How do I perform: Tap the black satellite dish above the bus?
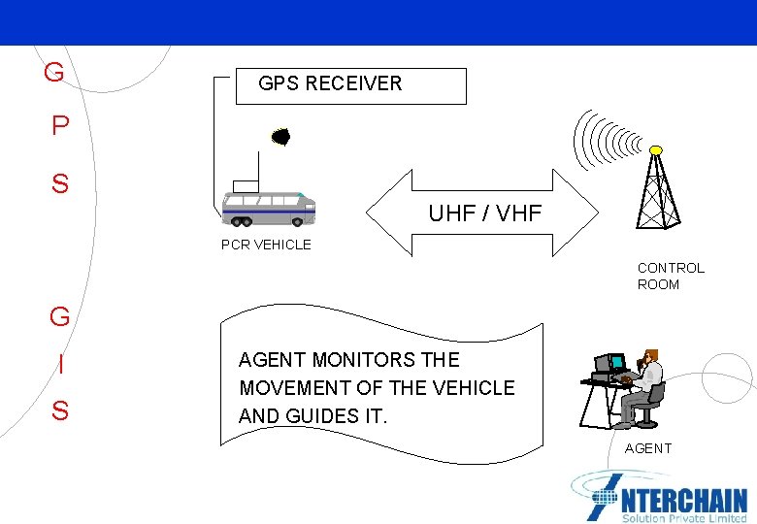tap(280, 137)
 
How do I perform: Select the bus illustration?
tap(268, 208)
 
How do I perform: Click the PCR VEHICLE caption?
tap(266, 245)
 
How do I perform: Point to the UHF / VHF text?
tap(484, 213)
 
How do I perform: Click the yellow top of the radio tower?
tap(656, 150)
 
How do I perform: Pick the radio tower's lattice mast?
tap(656, 194)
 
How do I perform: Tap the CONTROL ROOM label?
tap(671, 276)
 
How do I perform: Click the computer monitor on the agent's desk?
tap(609, 364)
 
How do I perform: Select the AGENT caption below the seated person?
tap(647, 448)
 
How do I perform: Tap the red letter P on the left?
tap(60, 127)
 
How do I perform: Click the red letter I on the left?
tap(60, 365)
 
